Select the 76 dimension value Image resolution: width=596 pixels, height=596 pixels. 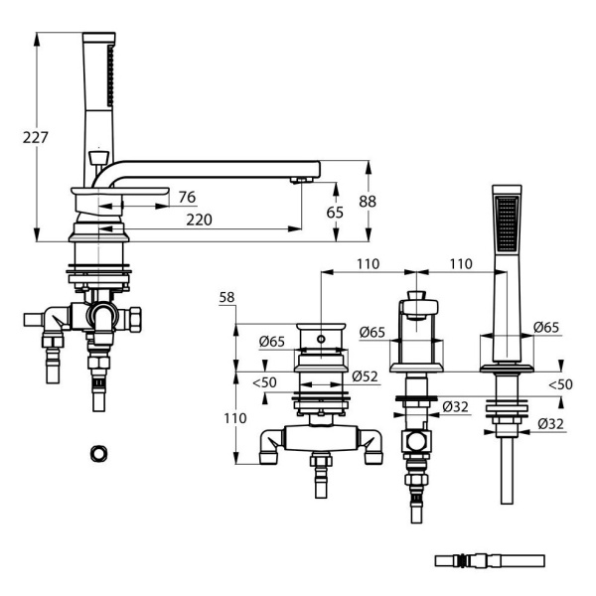186,197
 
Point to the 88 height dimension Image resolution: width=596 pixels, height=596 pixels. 368,202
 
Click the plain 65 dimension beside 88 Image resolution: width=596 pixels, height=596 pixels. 335,213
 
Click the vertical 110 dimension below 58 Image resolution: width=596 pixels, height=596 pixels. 233,418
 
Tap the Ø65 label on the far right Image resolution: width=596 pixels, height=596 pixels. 544,328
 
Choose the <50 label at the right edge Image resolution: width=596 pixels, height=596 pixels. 560,383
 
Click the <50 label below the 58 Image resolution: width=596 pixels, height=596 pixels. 263,382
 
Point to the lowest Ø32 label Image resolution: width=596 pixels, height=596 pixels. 552,425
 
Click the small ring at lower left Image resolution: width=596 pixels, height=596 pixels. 98,453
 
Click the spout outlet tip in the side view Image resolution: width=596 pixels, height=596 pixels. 303,180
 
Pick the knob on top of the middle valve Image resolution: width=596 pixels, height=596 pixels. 417,295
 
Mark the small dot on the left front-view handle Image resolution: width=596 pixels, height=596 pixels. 321,339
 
